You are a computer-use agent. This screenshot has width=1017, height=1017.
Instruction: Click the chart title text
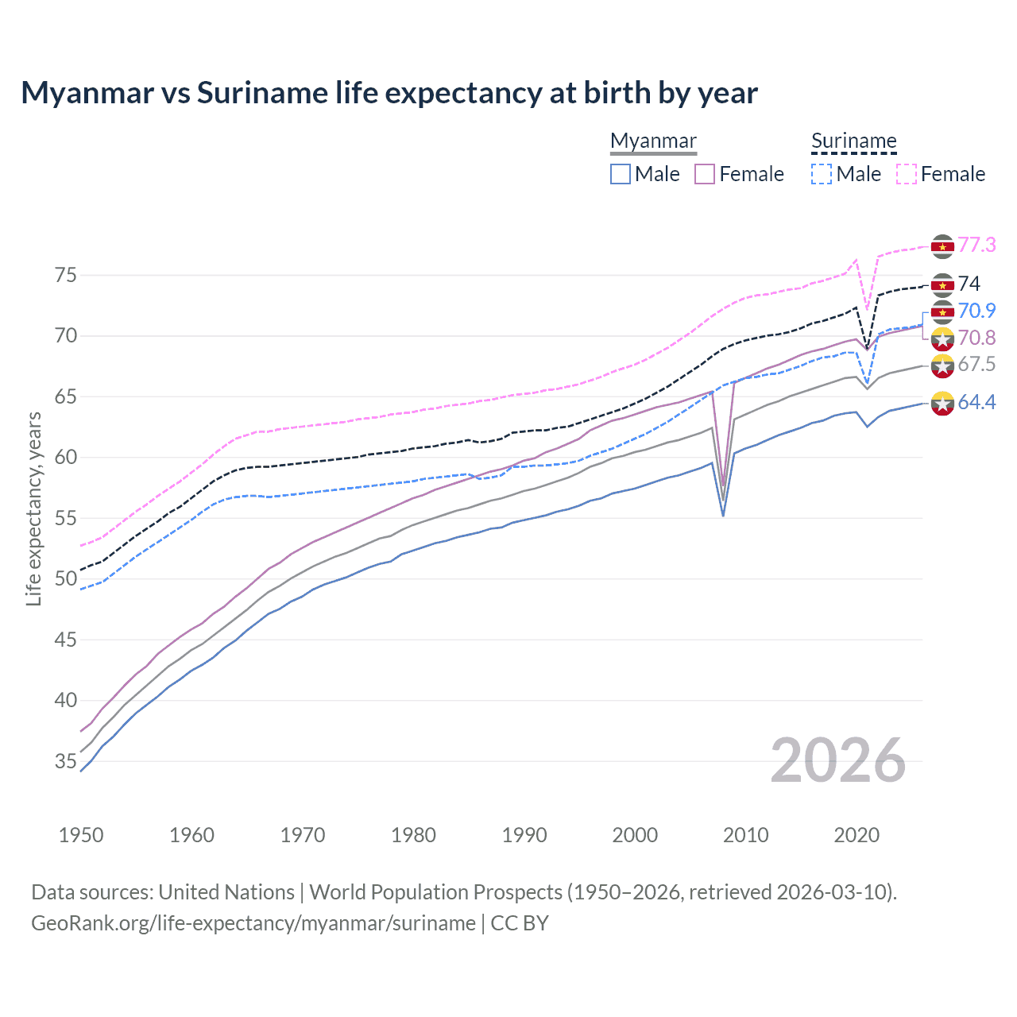pos(389,93)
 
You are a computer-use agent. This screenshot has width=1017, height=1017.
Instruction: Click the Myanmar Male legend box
pos(621,174)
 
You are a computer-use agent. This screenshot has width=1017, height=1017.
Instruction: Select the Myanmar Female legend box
pos(705,174)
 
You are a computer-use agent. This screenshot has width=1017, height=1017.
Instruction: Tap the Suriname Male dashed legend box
pos(822,174)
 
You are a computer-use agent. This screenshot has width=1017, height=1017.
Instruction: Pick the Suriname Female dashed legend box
pos(907,174)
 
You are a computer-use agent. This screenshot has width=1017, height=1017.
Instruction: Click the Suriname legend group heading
pos(853,141)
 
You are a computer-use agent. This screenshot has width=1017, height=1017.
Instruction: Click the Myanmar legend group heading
pos(653,141)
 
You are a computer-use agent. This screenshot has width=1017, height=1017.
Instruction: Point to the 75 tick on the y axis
pos(66,276)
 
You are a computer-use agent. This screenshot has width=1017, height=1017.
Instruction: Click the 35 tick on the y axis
pos(66,761)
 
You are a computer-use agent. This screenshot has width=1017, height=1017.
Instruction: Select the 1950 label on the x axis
pos(81,835)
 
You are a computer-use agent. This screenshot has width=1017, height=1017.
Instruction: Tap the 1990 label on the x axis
pos(524,835)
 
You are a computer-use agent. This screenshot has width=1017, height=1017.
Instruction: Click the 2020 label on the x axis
pos(857,835)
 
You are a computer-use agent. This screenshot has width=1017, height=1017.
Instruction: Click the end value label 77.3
pos(976,245)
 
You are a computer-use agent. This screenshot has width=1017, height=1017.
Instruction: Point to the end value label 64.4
pos(976,403)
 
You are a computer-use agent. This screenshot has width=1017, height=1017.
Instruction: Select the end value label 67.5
pos(976,365)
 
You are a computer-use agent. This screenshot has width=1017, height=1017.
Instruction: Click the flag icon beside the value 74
pos(942,284)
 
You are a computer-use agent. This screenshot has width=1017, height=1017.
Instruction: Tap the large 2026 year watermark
pos(838,761)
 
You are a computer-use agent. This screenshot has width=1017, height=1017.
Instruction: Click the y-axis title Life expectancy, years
pos(33,508)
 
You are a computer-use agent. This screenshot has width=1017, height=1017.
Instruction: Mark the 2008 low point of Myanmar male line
pos(723,516)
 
